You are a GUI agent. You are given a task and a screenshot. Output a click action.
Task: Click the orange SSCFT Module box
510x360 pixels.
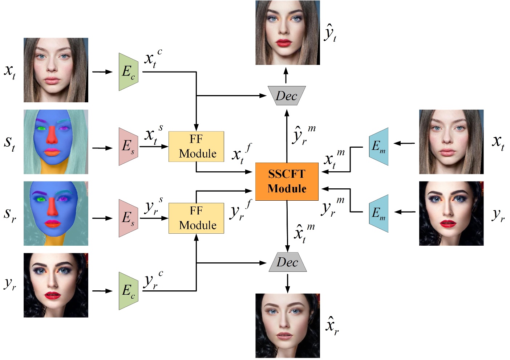tap(287, 181)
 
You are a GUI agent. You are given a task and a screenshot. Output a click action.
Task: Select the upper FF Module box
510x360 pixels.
tap(196, 147)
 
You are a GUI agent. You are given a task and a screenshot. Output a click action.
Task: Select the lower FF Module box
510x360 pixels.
tap(196, 218)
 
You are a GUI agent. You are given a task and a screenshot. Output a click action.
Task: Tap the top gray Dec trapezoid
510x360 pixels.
tap(287, 96)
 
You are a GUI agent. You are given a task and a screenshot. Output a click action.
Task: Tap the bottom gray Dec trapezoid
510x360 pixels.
tap(287, 262)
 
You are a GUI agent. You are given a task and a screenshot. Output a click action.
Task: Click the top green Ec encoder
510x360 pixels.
tap(128, 72)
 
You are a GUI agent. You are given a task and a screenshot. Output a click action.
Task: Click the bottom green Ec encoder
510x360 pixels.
tap(128, 291)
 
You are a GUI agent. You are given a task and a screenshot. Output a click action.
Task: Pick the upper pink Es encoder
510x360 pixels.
tap(128, 147)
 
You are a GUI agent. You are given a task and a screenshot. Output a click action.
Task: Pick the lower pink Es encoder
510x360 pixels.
tap(128, 218)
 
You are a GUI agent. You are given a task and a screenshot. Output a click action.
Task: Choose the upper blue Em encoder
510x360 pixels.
tap(379, 147)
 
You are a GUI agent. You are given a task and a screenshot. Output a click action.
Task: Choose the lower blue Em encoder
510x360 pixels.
tap(379, 213)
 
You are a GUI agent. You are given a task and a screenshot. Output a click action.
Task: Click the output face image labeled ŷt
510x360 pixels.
tap(287, 33)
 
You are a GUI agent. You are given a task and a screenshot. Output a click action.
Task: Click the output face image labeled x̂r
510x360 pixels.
tap(287, 326)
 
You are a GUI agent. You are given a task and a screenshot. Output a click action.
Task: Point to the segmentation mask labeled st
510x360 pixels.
tap(56, 142)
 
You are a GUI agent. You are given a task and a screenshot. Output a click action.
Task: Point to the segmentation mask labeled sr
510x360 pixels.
tap(56, 213)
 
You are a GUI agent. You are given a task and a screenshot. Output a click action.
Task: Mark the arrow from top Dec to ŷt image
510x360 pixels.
tap(286, 75)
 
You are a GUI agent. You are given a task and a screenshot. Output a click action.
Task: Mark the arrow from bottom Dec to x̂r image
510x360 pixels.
tap(287, 283)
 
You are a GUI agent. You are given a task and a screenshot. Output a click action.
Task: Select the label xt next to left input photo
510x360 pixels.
tap(10, 71)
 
